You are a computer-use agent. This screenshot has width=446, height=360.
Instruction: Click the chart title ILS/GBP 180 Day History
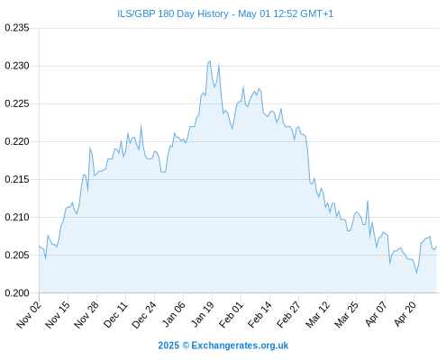(x=173, y=13)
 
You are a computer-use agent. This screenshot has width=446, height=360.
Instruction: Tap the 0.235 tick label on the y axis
(x=17, y=28)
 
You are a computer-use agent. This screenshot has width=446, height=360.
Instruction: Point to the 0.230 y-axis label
(x=17, y=66)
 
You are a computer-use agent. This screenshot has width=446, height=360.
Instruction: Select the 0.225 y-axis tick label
(x=17, y=103)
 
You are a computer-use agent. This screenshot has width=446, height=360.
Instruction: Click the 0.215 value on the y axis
(x=17, y=179)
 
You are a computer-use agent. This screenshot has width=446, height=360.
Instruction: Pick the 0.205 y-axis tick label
(x=17, y=255)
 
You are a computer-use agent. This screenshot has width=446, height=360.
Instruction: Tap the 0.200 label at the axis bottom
(x=17, y=292)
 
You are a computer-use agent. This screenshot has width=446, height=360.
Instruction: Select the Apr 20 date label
(x=405, y=314)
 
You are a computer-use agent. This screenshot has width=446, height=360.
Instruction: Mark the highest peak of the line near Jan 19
(x=210, y=61)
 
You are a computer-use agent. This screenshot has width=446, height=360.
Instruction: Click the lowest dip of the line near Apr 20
(x=416, y=274)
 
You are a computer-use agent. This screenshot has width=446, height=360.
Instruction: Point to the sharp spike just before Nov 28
(x=90, y=148)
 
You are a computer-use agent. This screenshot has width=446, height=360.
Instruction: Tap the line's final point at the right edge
(x=436, y=247)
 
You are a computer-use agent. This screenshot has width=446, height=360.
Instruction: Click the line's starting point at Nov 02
(x=39, y=246)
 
